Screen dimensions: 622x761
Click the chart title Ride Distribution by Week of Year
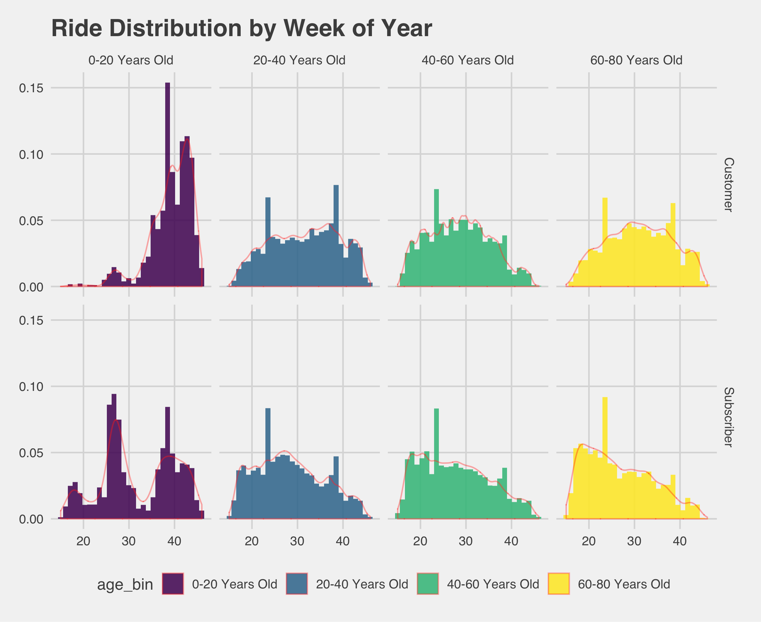[x=242, y=28]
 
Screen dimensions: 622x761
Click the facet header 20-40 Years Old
[x=299, y=60]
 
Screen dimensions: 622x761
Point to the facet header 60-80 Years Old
[x=636, y=60]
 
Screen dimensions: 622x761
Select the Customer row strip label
[x=728, y=185]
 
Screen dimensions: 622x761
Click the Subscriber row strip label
[x=728, y=417]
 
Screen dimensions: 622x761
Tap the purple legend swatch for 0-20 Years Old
[x=173, y=584]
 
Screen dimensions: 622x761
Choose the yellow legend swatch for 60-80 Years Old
[x=559, y=584]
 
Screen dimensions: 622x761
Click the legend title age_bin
[x=125, y=585]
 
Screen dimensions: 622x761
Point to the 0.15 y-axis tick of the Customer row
[x=31, y=88]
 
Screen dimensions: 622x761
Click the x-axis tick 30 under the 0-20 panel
[x=129, y=541]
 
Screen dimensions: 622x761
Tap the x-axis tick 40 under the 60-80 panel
[x=680, y=541]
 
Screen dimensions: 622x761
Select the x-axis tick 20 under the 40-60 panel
[x=420, y=541]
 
